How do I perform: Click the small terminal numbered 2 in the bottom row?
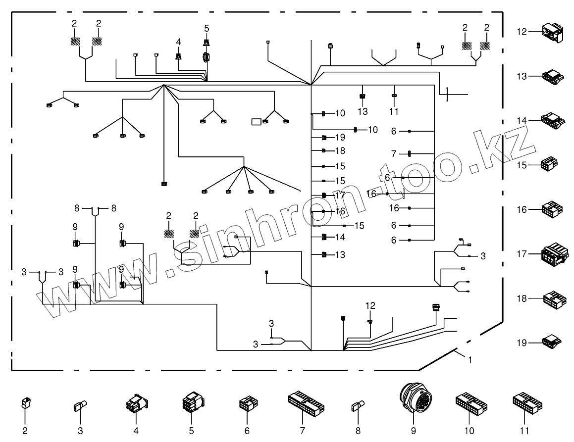pos(25,404)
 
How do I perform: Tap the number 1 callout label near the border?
pos(470,360)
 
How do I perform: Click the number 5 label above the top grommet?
pos(207,28)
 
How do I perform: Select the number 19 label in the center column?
pos(339,137)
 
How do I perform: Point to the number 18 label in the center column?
pos(339,151)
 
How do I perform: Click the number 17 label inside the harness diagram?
pos(340,195)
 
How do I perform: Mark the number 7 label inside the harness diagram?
pos(394,154)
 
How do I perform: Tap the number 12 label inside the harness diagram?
pos(371,305)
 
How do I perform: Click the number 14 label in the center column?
pos(340,237)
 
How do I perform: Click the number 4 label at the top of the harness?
pos(178,42)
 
